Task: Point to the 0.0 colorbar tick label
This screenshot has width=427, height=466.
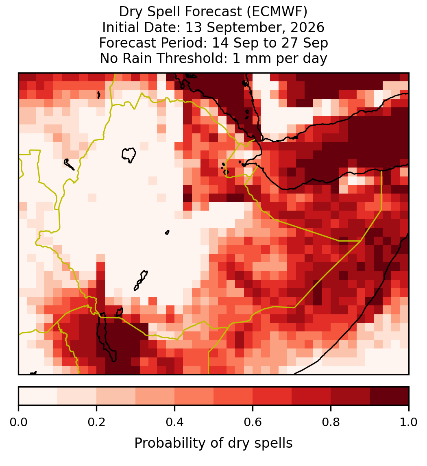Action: [18, 422]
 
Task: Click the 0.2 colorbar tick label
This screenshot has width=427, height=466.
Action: [96, 422]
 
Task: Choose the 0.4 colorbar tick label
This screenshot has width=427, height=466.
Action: [175, 422]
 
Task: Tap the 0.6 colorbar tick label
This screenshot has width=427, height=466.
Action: [253, 422]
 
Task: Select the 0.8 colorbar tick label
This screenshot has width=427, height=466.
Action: [331, 422]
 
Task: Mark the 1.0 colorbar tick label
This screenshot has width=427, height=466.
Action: [409, 422]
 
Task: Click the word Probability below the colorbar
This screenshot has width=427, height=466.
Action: [171, 443]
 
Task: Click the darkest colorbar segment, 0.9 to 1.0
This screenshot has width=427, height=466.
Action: [389, 396]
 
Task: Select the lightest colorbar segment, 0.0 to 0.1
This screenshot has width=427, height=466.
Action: [38, 396]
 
